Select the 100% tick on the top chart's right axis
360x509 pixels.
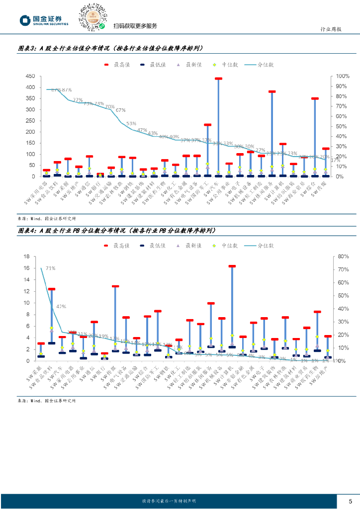click(x=343, y=76)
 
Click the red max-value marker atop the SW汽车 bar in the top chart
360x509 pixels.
click(x=218, y=79)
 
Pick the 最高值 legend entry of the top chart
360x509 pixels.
click(x=114, y=65)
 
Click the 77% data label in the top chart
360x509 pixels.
click(x=78, y=100)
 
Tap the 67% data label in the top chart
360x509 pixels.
click(x=120, y=110)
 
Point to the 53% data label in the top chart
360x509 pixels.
click(x=131, y=123)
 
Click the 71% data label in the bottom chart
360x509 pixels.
click(x=50, y=268)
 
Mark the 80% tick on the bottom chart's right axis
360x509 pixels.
click(x=343, y=256)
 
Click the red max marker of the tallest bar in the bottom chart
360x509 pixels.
click(x=232, y=266)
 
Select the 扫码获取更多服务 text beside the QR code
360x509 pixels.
click(x=135, y=26)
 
